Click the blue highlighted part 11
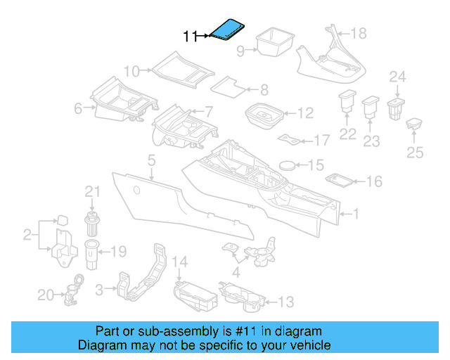(x=227, y=30)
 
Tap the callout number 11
(x=190, y=36)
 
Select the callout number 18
(x=359, y=33)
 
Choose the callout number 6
(x=79, y=108)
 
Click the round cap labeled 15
(x=286, y=165)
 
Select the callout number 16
(x=373, y=182)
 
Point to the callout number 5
(x=151, y=162)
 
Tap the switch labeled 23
(x=370, y=108)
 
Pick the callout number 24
(x=398, y=77)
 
